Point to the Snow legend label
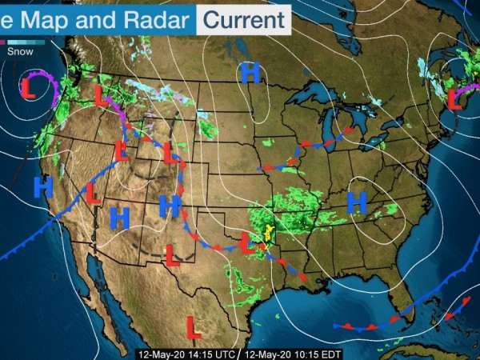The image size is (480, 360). pyautogui.click(x=20, y=51)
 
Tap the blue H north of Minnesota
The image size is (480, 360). pyautogui.click(x=250, y=74)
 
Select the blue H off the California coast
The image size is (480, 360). pyautogui.click(x=42, y=188)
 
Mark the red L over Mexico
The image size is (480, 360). pyautogui.click(x=193, y=326)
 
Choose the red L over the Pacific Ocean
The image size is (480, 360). pyautogui.click(x=28, y=86)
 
